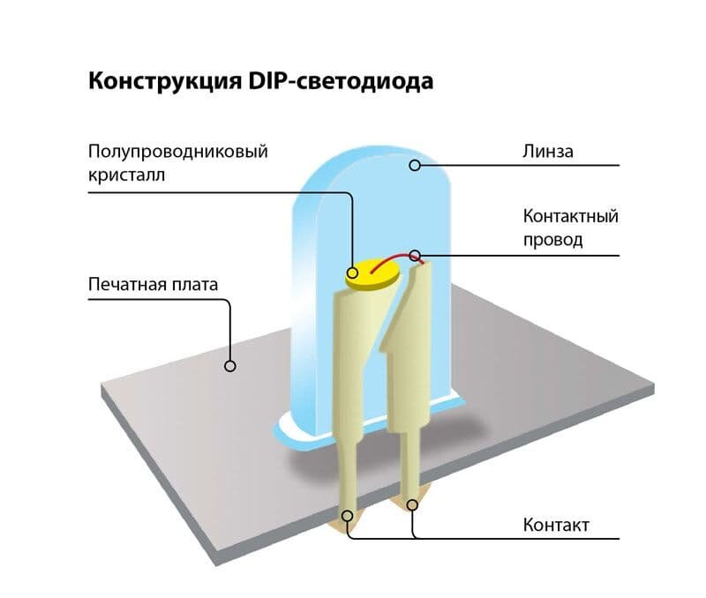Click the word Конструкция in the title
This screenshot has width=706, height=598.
pyautogui.click(x=158, y=81)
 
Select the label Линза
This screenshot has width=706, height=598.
pyautogui.click(x=548, y=152)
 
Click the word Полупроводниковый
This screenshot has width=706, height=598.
pyautogui.click(x=178, y=152)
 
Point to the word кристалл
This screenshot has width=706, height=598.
pyautogui.click(x=127, y=175)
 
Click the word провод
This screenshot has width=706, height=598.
pyautogui.click(x=553, y=239)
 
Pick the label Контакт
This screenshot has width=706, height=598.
pyautogui.click(x=556, y=526)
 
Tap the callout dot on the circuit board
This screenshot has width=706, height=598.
pyautogui.click(x=230, y=365)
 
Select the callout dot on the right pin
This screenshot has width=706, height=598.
pyautogui.click(x=412, y=505)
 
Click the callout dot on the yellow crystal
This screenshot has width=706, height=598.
pyautogui.click(x=353, y=273)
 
